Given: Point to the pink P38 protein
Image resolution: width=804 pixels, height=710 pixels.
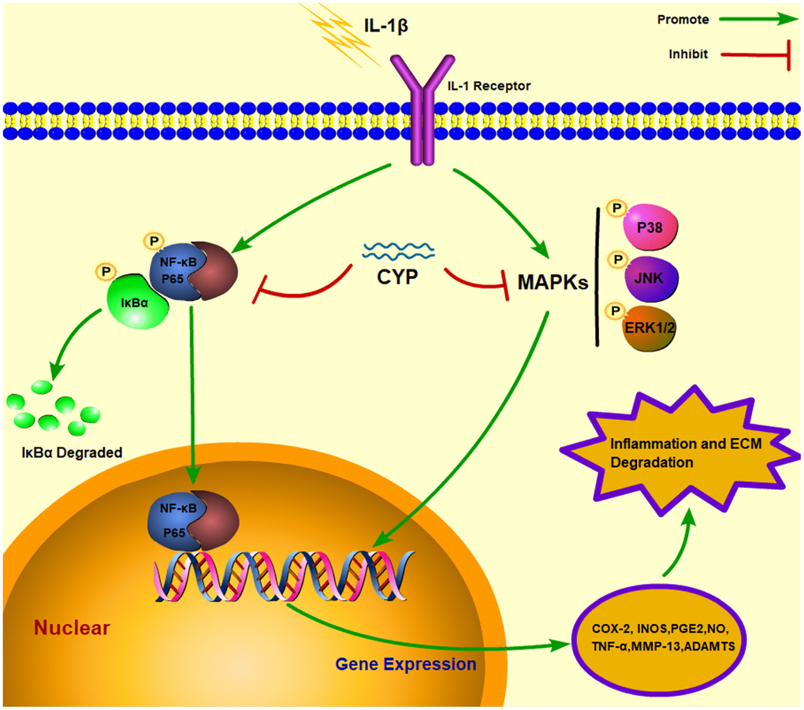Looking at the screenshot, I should pos(643,230).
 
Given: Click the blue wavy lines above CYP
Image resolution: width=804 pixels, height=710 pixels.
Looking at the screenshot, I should pos(397,251).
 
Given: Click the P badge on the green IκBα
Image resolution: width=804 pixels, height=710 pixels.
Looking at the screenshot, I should pos(104,271).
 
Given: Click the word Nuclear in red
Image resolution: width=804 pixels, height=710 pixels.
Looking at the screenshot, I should pos(71,628).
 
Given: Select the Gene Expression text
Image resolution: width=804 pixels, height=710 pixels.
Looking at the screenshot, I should pos(406,664).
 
